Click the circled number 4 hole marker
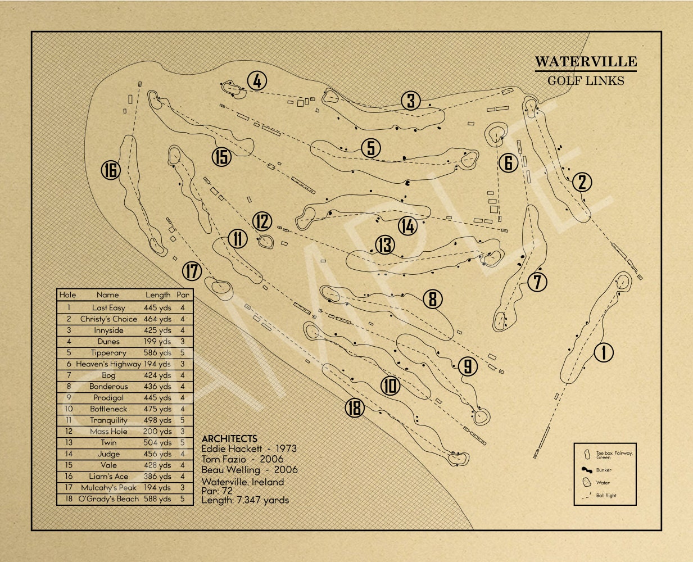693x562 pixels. pos(256,81)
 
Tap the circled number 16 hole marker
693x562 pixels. pos(111,170)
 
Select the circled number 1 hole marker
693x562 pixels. pos(604,352)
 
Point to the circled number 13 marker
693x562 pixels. pos(385,245)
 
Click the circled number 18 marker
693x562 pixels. pos(355,408)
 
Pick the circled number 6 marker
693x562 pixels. pos(508,163)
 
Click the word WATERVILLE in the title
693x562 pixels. pos(585,61)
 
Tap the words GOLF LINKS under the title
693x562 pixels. pos(585,80)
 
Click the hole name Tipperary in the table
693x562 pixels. pos(108,353)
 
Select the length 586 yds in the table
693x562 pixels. pos(158,353)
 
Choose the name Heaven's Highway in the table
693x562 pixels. pos(108,364)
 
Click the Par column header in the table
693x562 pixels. pos(183,294)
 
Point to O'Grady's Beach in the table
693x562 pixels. pos(108,499)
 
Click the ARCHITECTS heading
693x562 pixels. pos(229,438)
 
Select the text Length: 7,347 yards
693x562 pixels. pos(245,500)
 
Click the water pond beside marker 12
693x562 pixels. pos(265,242)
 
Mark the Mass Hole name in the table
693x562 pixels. pos(108,432)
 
